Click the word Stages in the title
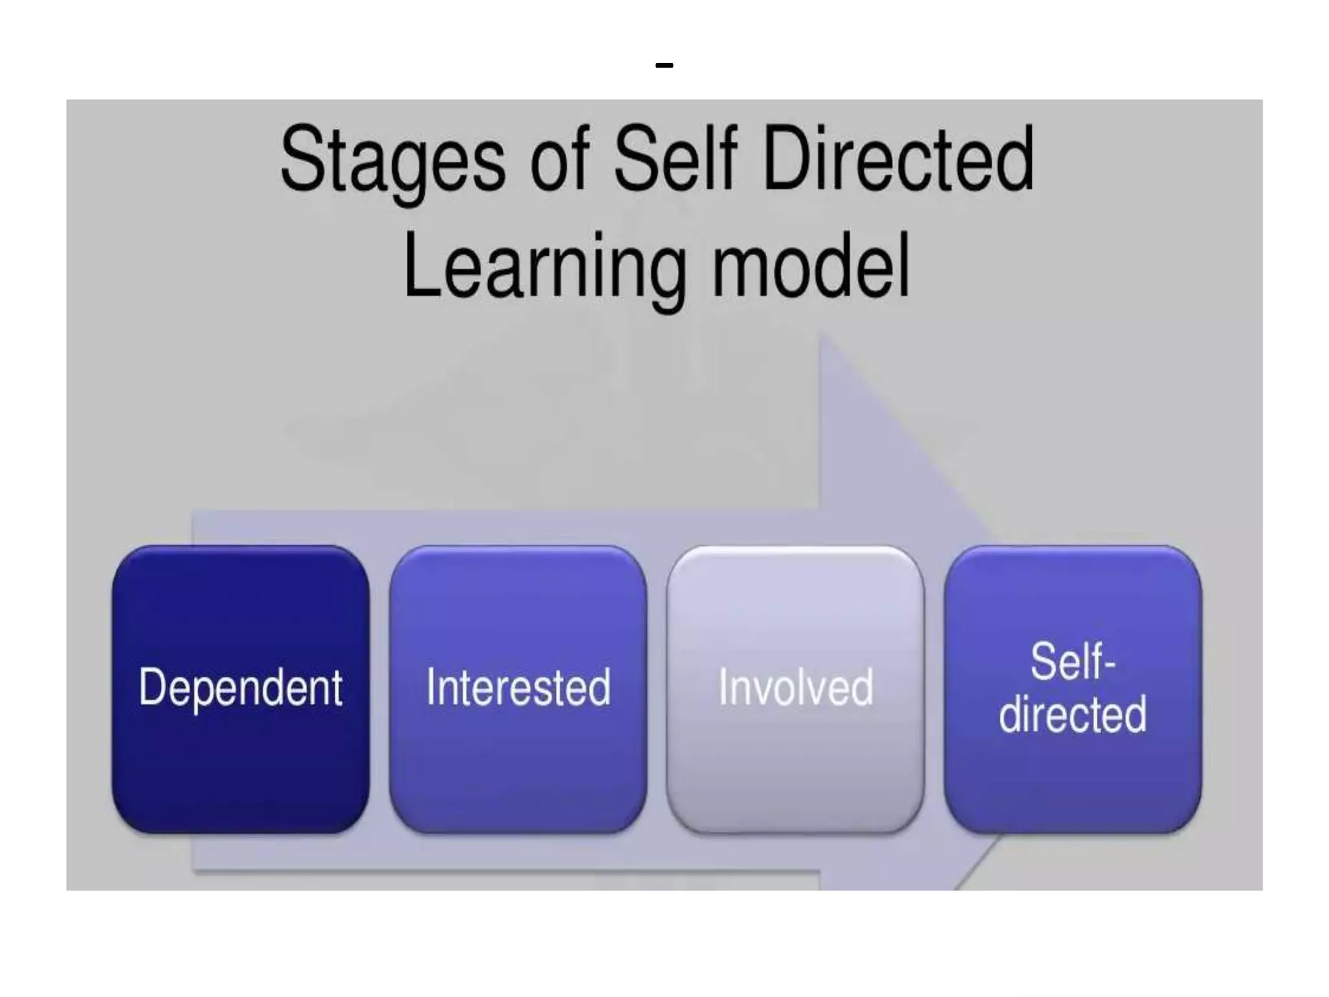393,160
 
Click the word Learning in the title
544,267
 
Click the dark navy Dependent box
241,766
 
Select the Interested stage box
518,766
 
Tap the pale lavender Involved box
795,766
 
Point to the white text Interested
518,687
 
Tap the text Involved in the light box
796,687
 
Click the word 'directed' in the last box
1072,714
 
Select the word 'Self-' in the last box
1072,662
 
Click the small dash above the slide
664,65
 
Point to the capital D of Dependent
153,686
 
